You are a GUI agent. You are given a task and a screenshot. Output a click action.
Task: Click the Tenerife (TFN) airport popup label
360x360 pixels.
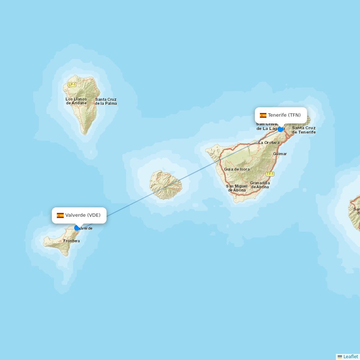284,115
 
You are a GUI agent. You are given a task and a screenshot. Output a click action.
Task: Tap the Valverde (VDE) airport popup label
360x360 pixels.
83,215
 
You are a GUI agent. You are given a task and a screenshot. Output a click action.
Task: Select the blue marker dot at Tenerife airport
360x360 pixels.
280,129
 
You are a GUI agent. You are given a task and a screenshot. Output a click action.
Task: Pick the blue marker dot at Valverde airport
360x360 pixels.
77,228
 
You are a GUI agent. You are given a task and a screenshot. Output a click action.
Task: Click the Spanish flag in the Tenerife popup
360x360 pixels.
263,115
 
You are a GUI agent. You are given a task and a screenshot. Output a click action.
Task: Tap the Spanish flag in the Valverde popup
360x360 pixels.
60,215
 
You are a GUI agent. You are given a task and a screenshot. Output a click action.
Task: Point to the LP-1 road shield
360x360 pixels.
72,85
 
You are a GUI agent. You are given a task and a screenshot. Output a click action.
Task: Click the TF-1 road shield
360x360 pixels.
270,174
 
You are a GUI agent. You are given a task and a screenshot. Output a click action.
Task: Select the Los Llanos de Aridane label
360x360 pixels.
76,101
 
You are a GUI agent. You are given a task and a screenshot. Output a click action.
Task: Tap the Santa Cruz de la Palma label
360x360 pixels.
106,102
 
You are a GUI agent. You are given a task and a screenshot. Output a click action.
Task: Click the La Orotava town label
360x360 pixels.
269,143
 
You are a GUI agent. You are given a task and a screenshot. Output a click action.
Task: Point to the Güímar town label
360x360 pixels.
280,154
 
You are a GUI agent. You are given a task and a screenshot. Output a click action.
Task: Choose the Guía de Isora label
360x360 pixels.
237,169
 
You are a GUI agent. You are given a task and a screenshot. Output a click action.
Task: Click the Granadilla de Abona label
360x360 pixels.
260,185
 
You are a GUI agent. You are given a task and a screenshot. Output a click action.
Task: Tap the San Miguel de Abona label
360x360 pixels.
237,188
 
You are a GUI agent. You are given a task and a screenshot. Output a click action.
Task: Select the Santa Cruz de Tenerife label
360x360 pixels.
303,130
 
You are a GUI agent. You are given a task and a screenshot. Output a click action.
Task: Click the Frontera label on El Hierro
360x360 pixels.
71,241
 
